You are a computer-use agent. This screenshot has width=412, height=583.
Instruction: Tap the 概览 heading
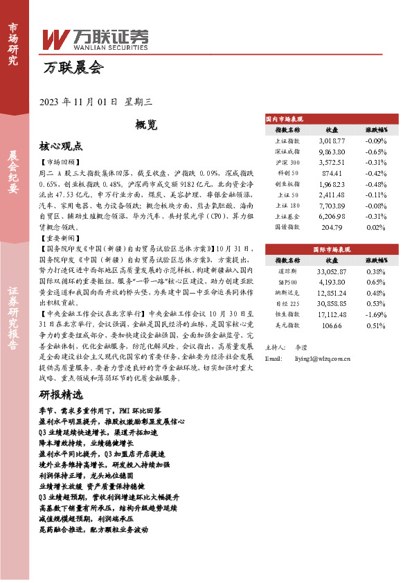point(147,125)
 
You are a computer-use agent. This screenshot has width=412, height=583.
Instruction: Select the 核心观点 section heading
point(61,146)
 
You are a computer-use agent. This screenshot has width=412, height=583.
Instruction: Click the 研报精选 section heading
point(61,395)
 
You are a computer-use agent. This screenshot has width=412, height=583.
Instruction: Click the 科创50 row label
point(288,172)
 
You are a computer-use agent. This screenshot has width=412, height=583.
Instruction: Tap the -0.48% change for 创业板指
point(375,183)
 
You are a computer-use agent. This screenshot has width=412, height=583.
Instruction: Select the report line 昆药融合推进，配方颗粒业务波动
point(94,529)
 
